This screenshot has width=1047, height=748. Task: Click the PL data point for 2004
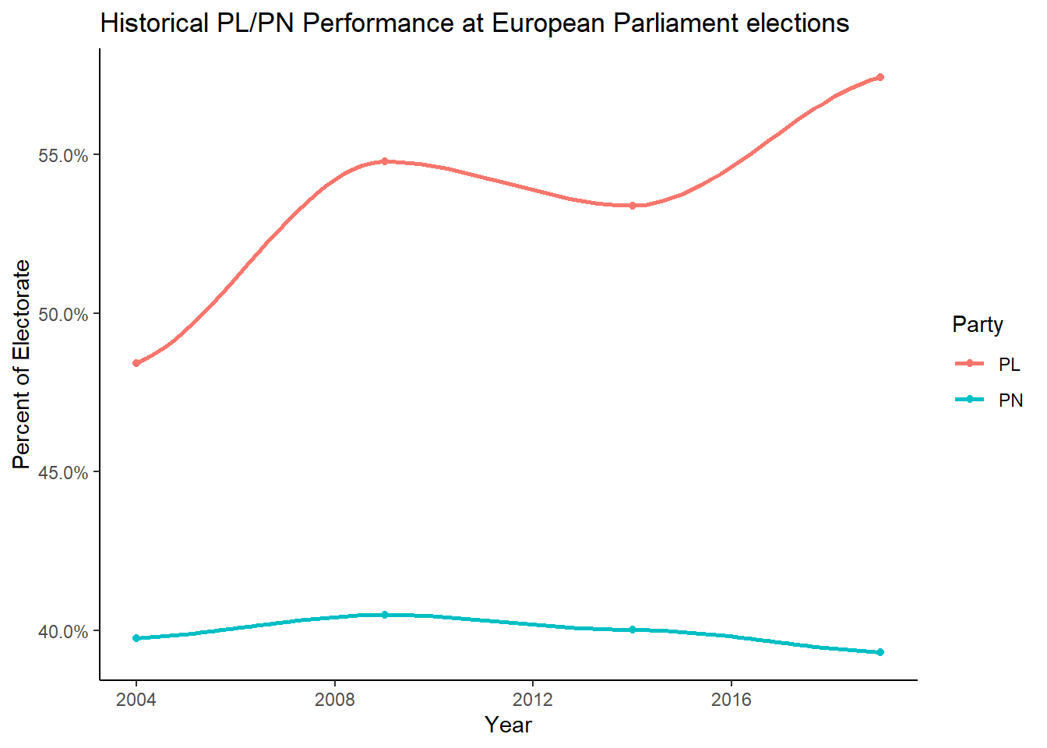pyautogui.click(x=136, y=363)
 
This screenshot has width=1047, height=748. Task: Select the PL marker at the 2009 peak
pyautogui.click(x=384, y=161)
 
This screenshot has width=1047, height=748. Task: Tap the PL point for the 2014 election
pyautogui.click(x=633, y=206)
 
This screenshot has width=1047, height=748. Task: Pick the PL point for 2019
pyautogui.click(x=880, y=77)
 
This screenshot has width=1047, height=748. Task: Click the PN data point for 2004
pyautogui.click(x=136, y=638)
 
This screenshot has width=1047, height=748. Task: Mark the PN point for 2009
pyautogui.click(x=384, y=615)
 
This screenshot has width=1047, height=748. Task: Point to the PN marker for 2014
pyautogui.click(x=633, y=630)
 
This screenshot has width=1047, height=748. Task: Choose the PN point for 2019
pyautogui.click(x=880, y=652)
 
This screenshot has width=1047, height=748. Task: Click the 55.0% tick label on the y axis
pyautogui.click(x=63, y=156)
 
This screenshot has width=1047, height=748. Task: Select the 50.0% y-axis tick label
pyautogui.click(x=63, y=315)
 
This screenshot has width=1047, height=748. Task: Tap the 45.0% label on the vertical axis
pyautogui.click(x=63, y=473)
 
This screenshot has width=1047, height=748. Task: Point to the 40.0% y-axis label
pyautogui.click(x=63, y=632)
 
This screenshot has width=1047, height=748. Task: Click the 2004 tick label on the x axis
pyautogui.click(x=136, y=700)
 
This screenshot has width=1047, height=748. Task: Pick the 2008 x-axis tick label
pyautogui.click(x=334, y=700)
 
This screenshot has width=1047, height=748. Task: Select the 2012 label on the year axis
pyautogui.click(x=533, y=700)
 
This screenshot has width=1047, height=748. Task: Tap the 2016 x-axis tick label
pyautogui.click(x=731, y=700)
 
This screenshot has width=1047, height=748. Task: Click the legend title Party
pyautogui.click(x=977, y=324)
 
